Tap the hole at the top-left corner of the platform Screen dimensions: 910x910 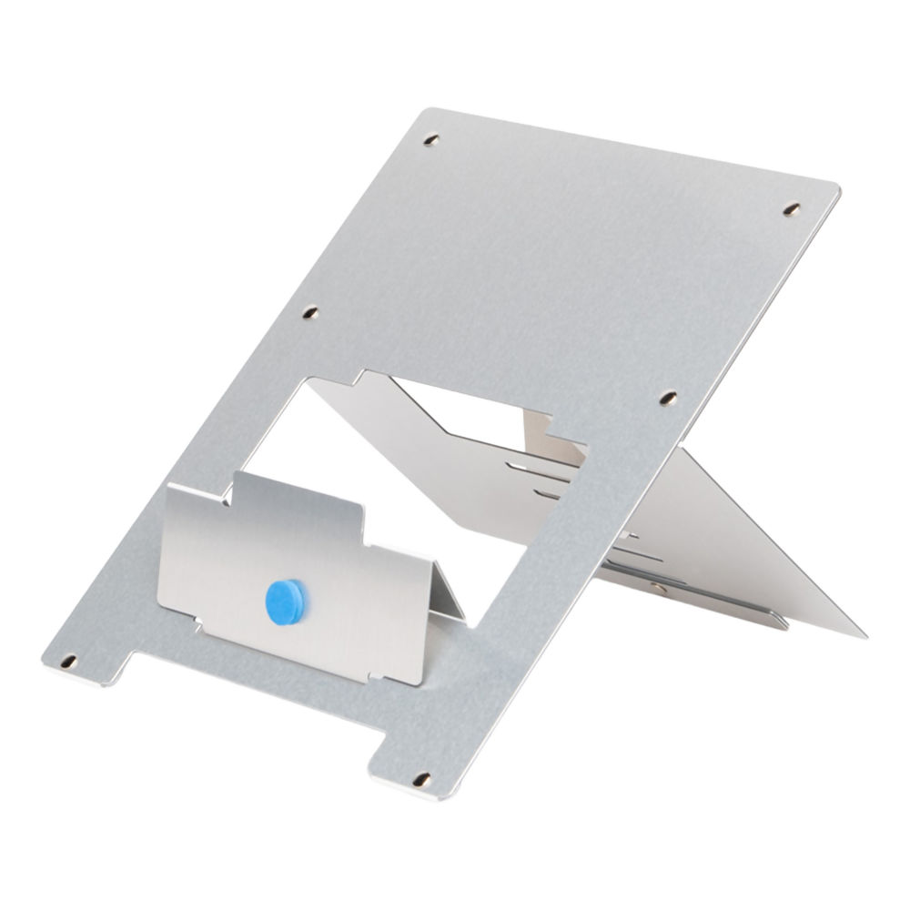click(x=431, y=141)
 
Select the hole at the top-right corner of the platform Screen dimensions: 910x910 click(x=792, y=209)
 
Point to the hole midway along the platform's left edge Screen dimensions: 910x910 click(x=310, y=312)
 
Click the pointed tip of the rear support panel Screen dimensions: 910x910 click(x=862, y=634)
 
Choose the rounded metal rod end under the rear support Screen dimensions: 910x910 click(x=781, y=623)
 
